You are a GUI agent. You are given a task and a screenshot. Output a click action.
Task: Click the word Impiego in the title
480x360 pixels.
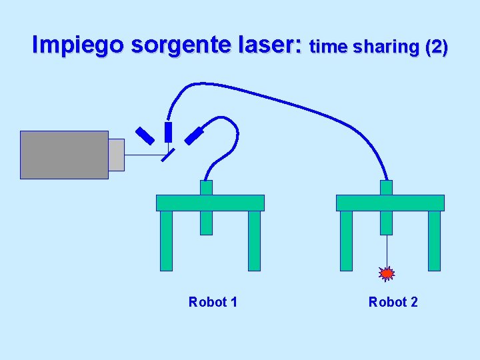pyautogui.click(x=78, y=45)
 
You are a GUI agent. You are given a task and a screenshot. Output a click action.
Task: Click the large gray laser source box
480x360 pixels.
pyautogui.click(x=64, y=155)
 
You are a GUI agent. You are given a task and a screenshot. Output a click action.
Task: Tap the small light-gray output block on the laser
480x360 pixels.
pyautogui.click(x=116, y=155)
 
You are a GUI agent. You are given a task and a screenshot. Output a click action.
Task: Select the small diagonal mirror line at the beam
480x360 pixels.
pyautogui.click(x=168, y=155)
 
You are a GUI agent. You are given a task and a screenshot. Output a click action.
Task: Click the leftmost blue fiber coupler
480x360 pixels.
pyautogui.click(x=145, y=135)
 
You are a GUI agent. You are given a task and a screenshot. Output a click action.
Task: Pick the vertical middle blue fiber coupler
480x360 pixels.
pyautogui.click(x=168, y=131)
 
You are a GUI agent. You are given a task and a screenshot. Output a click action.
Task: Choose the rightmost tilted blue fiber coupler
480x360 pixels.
pyautogui.click(x=194, y=135)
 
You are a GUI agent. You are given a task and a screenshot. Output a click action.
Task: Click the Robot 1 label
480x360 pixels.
pyautogui.click(x=213, y=302)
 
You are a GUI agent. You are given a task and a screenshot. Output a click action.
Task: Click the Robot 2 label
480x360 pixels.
pyautogui.click(x=393, y=302)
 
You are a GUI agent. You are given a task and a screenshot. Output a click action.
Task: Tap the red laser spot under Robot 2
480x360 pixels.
pyautogui.click(x=387, y=273)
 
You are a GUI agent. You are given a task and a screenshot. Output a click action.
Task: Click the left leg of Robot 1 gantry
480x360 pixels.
pyautogui.click(x=166, y=240)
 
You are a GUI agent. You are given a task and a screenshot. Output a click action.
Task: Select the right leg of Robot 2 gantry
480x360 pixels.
pyautogui.click(x=434, y=240)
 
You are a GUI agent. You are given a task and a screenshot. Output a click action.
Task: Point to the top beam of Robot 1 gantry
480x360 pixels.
pyautogui.click(x=210, y=203)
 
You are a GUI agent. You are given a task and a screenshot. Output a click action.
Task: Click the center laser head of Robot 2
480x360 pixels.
pyautogui.click(x=386, y=215)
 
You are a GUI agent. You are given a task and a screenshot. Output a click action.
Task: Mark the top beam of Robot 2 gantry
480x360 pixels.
pyautogui.click(x=390, y=203)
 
